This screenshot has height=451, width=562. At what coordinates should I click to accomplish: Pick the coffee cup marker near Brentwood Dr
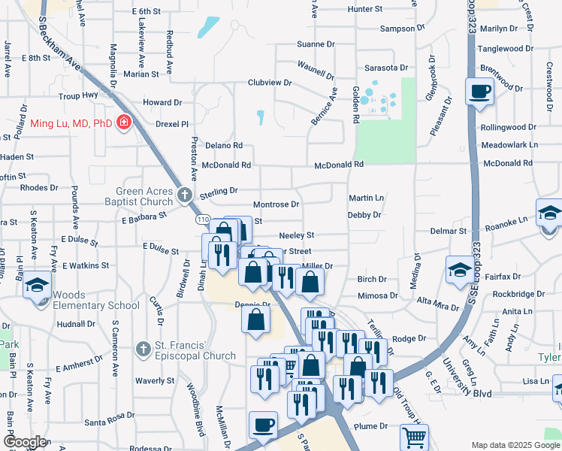[x=479, y=92]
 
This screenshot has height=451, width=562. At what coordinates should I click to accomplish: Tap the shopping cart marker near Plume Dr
[x=414, y=437]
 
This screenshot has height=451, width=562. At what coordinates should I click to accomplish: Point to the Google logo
[x=25, y=442]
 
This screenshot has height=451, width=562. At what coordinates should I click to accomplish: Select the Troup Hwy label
[x=79, y=96]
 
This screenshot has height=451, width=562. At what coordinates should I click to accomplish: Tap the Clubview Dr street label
[x=270, y=83]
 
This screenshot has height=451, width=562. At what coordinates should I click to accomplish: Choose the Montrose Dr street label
[x=276, y=204]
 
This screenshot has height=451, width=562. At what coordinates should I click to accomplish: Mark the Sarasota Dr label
[x=386, y=67]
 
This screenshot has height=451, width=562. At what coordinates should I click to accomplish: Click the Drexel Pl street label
[x=171, y=123]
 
